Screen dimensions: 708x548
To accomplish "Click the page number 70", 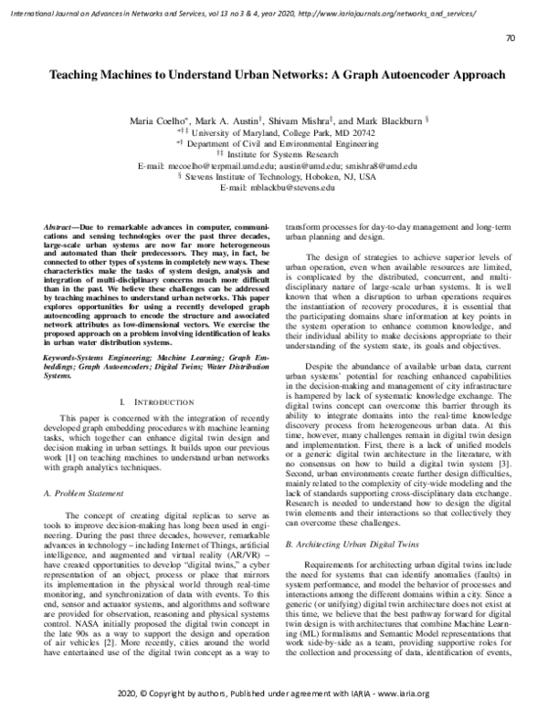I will point(510,38).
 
